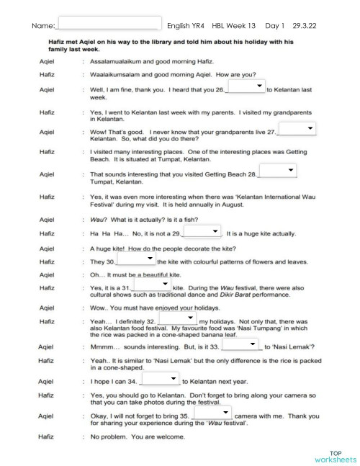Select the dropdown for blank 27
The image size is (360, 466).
[297, 128]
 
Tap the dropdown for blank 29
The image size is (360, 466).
[203, 231]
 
